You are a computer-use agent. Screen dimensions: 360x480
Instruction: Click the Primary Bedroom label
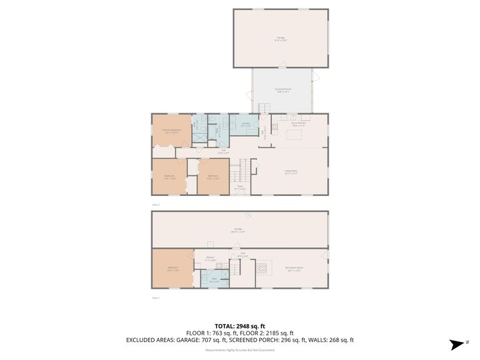pos(172,131)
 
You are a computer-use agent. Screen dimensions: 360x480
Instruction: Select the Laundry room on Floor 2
pos(244,125)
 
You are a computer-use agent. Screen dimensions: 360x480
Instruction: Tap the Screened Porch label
pos(282,91)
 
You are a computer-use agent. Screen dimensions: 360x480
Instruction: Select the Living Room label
pos(291,172)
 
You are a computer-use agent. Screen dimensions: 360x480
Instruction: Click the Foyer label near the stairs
pos(240,188)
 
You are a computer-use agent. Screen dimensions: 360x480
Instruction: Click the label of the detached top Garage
pos(280,39)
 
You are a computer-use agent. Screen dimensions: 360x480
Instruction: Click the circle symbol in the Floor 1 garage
pos(247,215)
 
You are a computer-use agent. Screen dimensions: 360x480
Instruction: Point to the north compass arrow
pos(457,345)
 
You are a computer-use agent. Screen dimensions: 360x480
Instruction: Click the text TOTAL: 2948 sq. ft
pos(240,326)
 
